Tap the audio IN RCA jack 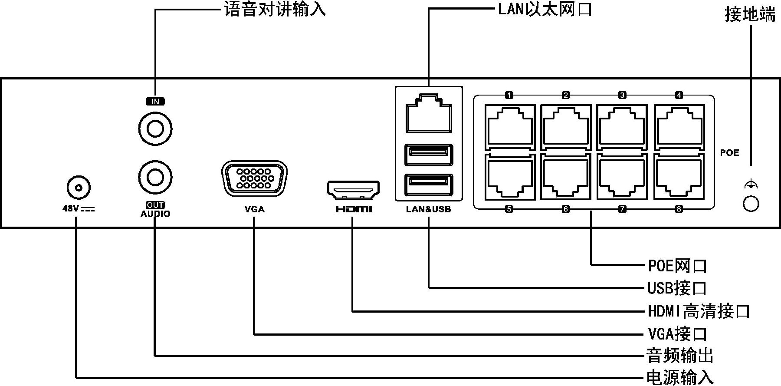[155, 129]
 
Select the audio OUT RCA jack [155, 177]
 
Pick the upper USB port [428, 155]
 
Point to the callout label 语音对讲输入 [275, 9]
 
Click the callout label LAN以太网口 [545, 9]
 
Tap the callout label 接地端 [750, 15]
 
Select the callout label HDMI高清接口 [699, 311]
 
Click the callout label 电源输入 [680, 377]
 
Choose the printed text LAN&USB [428, 209]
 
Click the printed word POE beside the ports [729, 153]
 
